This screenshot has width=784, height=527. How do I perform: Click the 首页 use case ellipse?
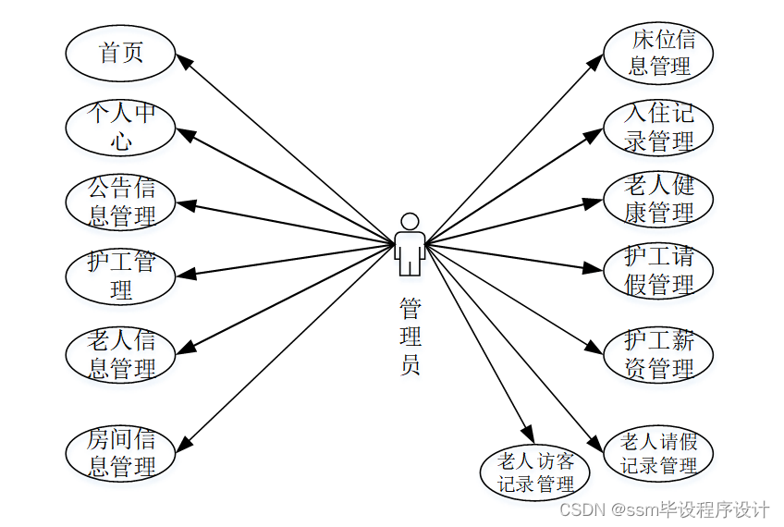click(x=120, y=53)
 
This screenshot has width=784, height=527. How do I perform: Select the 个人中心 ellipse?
click(x=120, y=127)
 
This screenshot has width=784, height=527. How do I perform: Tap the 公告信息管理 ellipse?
click(x=120, y=202)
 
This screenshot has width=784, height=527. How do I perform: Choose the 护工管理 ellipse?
click(x=120, y=276)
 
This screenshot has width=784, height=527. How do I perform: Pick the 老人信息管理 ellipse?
click(x=120, y=353)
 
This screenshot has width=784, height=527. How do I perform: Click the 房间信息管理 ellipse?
click(x=120, y=453)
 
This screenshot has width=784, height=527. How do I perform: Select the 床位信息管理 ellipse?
click(x=659, y=53)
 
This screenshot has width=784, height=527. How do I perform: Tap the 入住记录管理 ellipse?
click(x=659, y=127)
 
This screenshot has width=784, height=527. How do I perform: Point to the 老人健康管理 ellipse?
click(x=659, y=199)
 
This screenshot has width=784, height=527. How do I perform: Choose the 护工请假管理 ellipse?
click(x=659, y=270)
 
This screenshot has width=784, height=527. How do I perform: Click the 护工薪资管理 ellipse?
click(x=659, y=354)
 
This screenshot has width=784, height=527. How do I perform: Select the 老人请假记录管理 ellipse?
click(x=658, y=453)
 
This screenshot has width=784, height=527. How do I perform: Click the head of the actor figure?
click(x=409, y=222)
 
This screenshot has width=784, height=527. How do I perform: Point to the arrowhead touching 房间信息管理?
click(x=183, y=446)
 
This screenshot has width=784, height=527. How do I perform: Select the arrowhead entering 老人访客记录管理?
click(x=529, y=435)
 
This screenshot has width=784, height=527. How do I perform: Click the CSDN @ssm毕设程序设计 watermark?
click(x=665, y=509)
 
